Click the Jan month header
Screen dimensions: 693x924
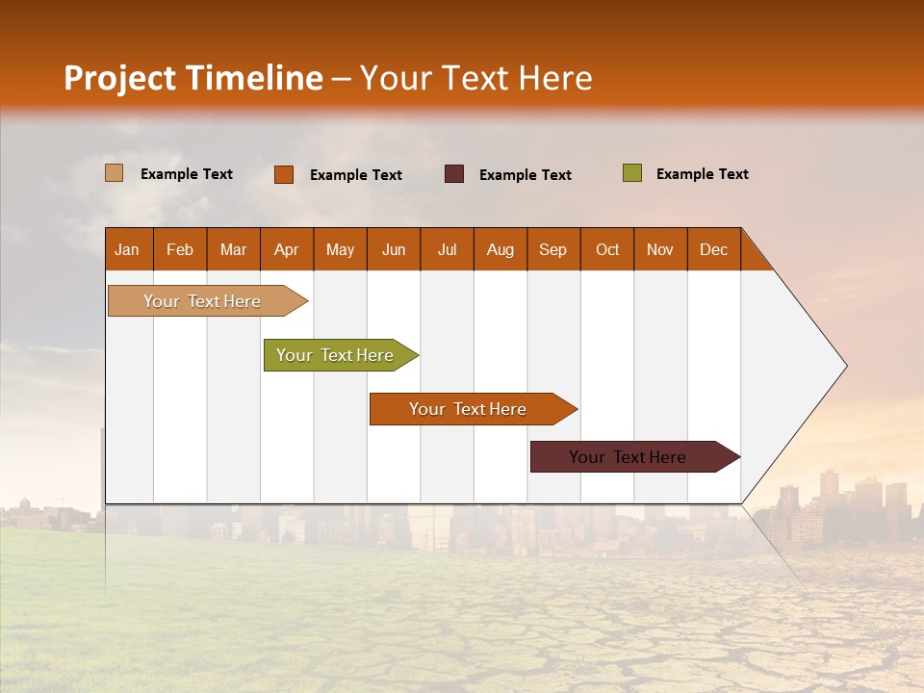coord(128,249)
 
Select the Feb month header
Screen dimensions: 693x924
coord(180,249)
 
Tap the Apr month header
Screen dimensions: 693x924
coord(287,249)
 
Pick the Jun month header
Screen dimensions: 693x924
coord(394,249)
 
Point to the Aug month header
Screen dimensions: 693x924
coord(500,249)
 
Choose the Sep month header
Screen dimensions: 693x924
coord(553,249)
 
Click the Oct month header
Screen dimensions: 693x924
coord(607,249)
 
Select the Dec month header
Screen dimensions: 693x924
coord(714,249)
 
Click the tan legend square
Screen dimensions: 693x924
coord(115,173)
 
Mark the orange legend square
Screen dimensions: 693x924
coord(284,174)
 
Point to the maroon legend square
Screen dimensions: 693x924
coord(454,174)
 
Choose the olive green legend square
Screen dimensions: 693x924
coord(631,173)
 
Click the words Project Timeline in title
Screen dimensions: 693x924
coord(193,78)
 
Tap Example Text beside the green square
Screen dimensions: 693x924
coord(702,174)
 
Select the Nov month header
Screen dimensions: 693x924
coord(660,249)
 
